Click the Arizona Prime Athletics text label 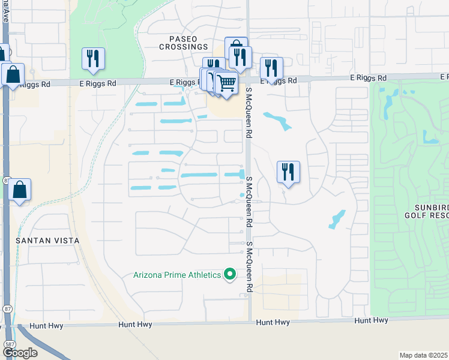(x=177, y=275)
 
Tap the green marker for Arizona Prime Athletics (x=229, y=275)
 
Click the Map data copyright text (x=423, y=355)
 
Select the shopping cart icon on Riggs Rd (x=226, y=83)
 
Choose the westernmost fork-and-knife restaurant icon (x=93, y=58)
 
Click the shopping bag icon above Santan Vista (x=19, y=190)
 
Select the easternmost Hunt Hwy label (x=371, y=320)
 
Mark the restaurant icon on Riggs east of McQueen (x=272, y=68)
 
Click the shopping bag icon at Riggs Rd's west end (x=13, y=75)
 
